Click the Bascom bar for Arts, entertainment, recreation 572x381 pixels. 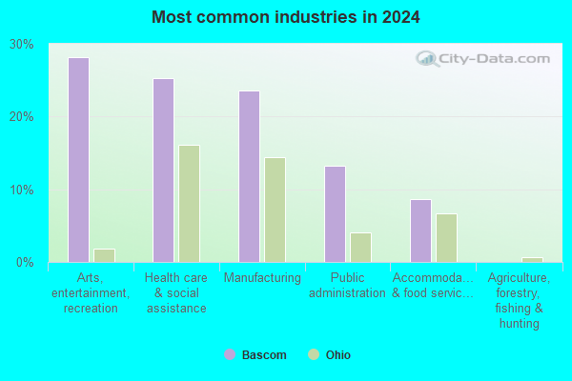coord(78,160)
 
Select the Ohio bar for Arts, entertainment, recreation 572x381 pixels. coord(104,255)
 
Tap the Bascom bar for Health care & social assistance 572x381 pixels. coord(163,170)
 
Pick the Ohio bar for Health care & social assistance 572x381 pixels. coord(190,204)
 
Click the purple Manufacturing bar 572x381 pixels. coord(250,176)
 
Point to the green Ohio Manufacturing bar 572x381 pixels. coord(276,210)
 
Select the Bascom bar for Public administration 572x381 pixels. coord(335,214)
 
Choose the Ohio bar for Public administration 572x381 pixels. coord(360,248)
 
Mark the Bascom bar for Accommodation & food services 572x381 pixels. coord(421,231)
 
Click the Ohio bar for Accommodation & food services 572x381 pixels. coord(446,238)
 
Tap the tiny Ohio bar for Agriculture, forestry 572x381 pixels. coord(532,260)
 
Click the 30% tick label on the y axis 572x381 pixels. coord(22,44)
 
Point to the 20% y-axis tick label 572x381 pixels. coord(22,116)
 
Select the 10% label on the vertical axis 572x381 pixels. coord(22,190)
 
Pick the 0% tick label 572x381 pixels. coord(25,262)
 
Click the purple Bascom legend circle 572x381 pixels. coord(230,354)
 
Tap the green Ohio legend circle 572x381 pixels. coord(314,354)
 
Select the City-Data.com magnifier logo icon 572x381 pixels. coord(427,59)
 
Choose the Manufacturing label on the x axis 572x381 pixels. coord(262,278)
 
